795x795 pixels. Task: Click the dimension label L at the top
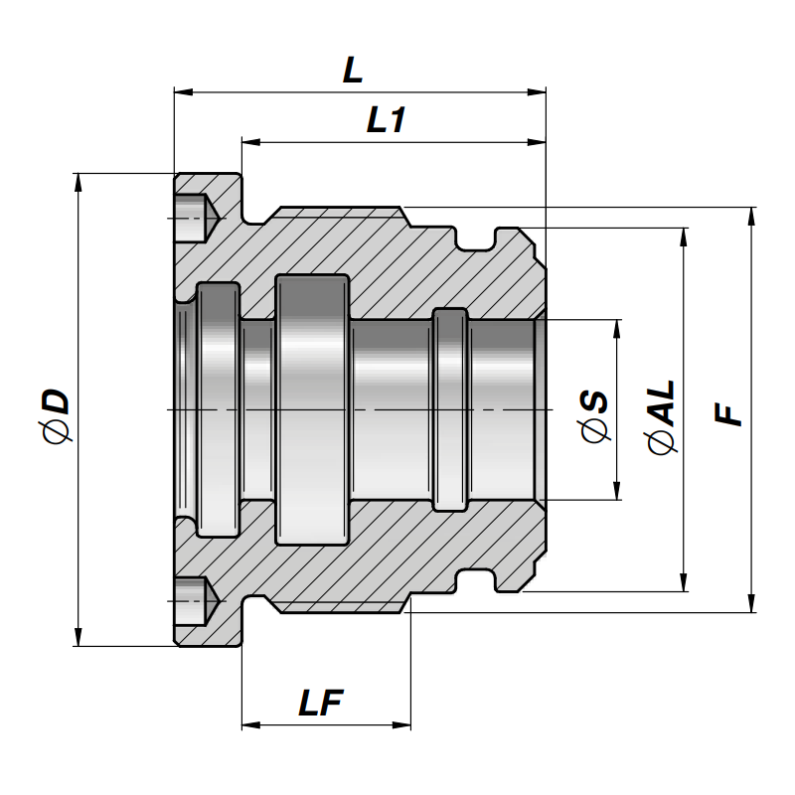[x=352, y=71]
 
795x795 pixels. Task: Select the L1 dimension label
[x=387, y=121]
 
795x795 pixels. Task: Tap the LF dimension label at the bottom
[x=321, y=704]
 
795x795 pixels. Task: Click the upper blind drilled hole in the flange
[x=195, y=218]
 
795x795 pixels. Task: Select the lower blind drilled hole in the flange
[x=195, y=601]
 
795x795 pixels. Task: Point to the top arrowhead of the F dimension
[x=750, y=215]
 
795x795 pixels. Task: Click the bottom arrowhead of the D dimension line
[x=78, y=638]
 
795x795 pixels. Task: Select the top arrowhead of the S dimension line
[x=618, y=327]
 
